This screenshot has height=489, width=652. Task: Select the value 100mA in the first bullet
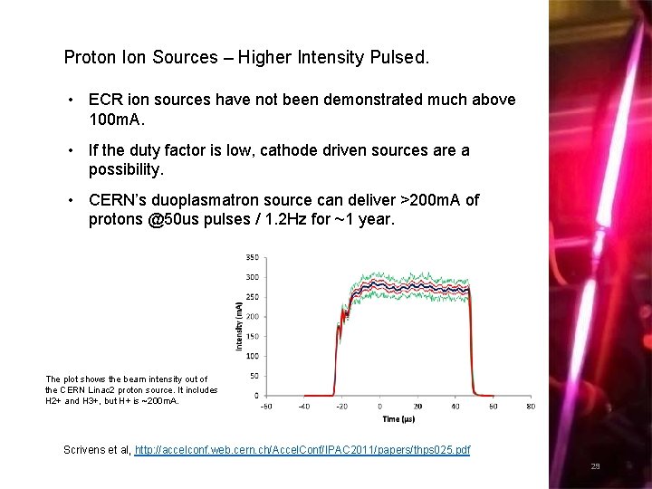click(x=113, y=120)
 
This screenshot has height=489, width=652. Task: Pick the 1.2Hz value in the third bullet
click(x=260, y=220)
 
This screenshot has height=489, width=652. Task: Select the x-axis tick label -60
click(x=265, y=407)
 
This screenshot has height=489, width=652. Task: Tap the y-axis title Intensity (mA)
click(x=239, y=326)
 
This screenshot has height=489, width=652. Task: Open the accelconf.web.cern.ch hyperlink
click(x=302, y=450)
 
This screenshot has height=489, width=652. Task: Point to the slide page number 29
click(x=595, y=467)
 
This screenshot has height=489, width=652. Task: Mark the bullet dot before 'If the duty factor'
click(x=70, y=150)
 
